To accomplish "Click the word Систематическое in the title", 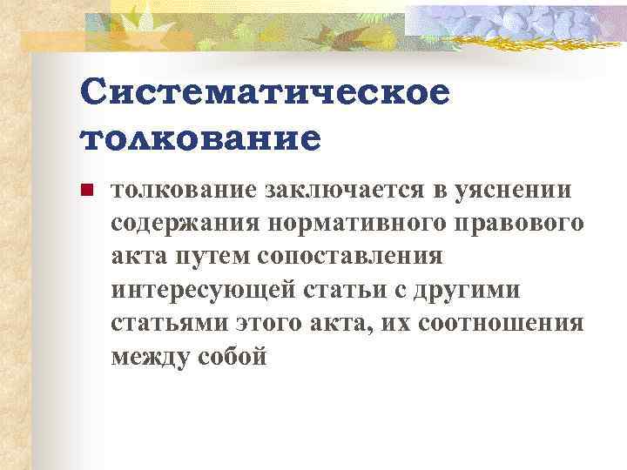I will coord(264,92).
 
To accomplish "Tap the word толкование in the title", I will coord(199,138).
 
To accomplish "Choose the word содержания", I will coord(180,224).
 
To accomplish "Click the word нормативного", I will coord(348,224).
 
